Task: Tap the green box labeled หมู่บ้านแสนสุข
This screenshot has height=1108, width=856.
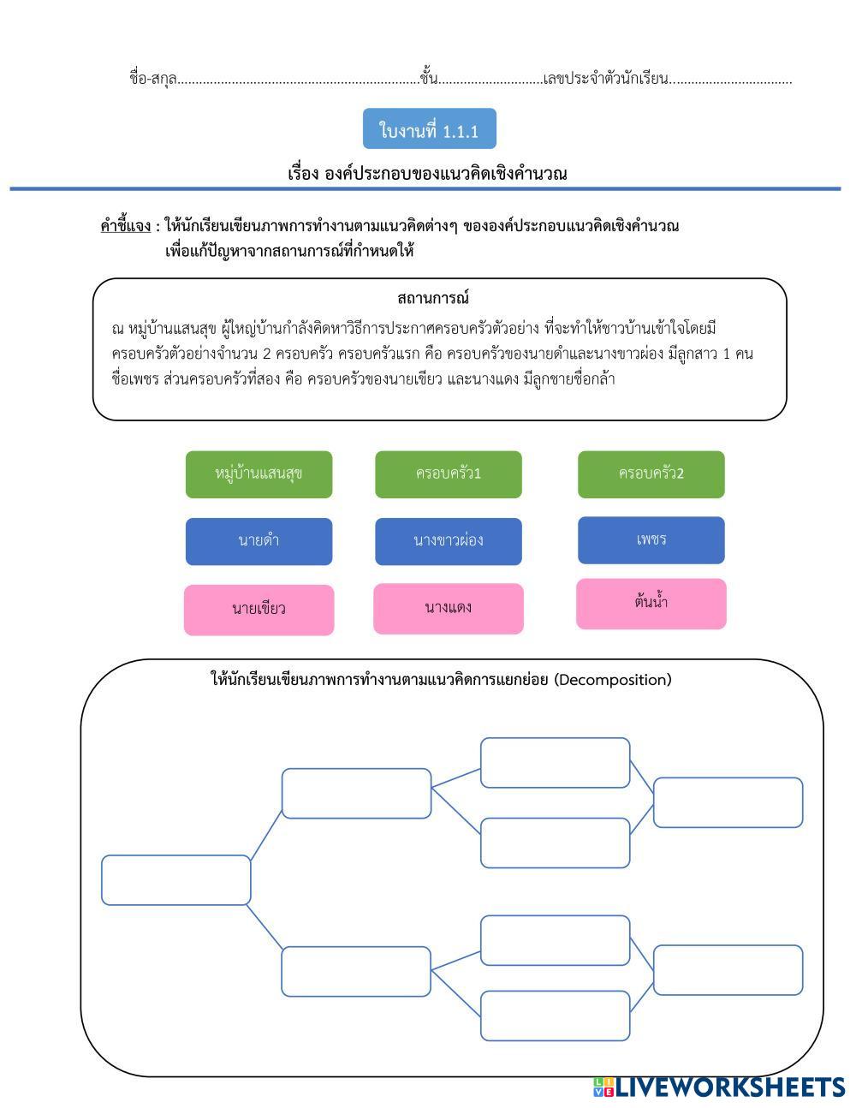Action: tap(259, 474)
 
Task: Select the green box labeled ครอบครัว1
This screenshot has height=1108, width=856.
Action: tap(448, 474)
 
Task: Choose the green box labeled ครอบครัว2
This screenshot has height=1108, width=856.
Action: tap(651, 474)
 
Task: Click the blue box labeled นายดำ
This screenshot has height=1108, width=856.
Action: tap(259, 541)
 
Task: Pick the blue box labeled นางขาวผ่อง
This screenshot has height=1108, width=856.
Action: tap(448, 541)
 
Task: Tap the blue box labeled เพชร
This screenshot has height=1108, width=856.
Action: tap(651, 540)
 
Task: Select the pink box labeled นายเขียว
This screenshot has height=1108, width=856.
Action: tap(259, 610)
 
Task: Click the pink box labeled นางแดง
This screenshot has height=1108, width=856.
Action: tap(448, 609)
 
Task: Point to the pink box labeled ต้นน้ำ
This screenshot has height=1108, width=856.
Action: tap(651, 604)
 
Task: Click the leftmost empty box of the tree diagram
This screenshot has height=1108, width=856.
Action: tap(175, 880)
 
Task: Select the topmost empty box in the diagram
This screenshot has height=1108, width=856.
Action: tap(555, 762)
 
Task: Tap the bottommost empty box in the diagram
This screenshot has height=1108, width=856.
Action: tap(555, 1016)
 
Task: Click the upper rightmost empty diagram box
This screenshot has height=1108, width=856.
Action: tap(728, 802)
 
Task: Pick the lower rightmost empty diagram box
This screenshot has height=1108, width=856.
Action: tap(728, 970)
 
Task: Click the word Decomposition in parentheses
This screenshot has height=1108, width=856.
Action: tap(612, 681)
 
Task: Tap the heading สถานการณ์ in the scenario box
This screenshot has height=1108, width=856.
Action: tap(433, 299)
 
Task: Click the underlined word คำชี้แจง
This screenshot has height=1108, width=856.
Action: tap(125, 227)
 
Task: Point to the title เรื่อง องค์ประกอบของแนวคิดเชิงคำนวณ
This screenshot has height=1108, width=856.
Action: tap(427, 174)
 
